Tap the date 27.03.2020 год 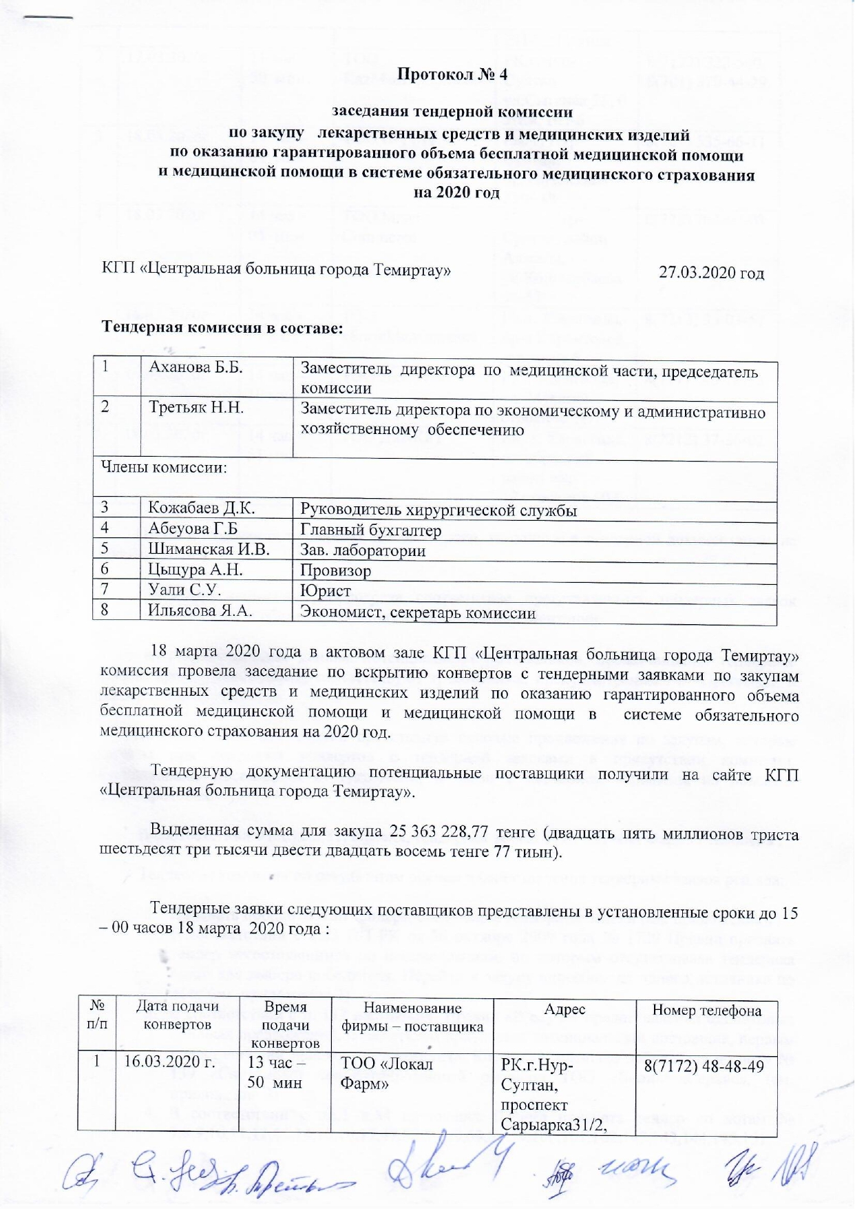click(711, 273)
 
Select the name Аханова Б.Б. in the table click(196, 367)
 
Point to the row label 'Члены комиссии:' click(165, 468)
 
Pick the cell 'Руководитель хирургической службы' click(439, 510)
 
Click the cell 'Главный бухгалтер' click(370, 530)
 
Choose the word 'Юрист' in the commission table click(326, 590)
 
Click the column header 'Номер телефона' click(706, 1011)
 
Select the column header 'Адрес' click(564, 1009)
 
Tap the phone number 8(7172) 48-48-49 click(704, 1066)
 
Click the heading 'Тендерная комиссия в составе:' click(222, 327)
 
